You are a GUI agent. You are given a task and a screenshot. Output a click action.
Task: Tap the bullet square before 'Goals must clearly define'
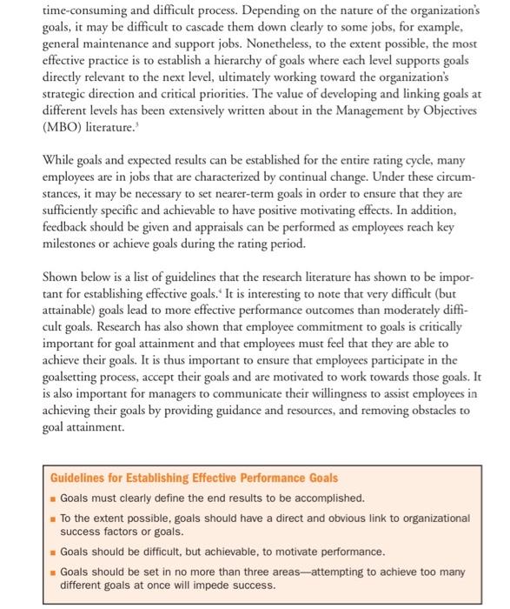click(53, 499)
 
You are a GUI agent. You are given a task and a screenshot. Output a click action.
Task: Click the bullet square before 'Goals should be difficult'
click(53, 552)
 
